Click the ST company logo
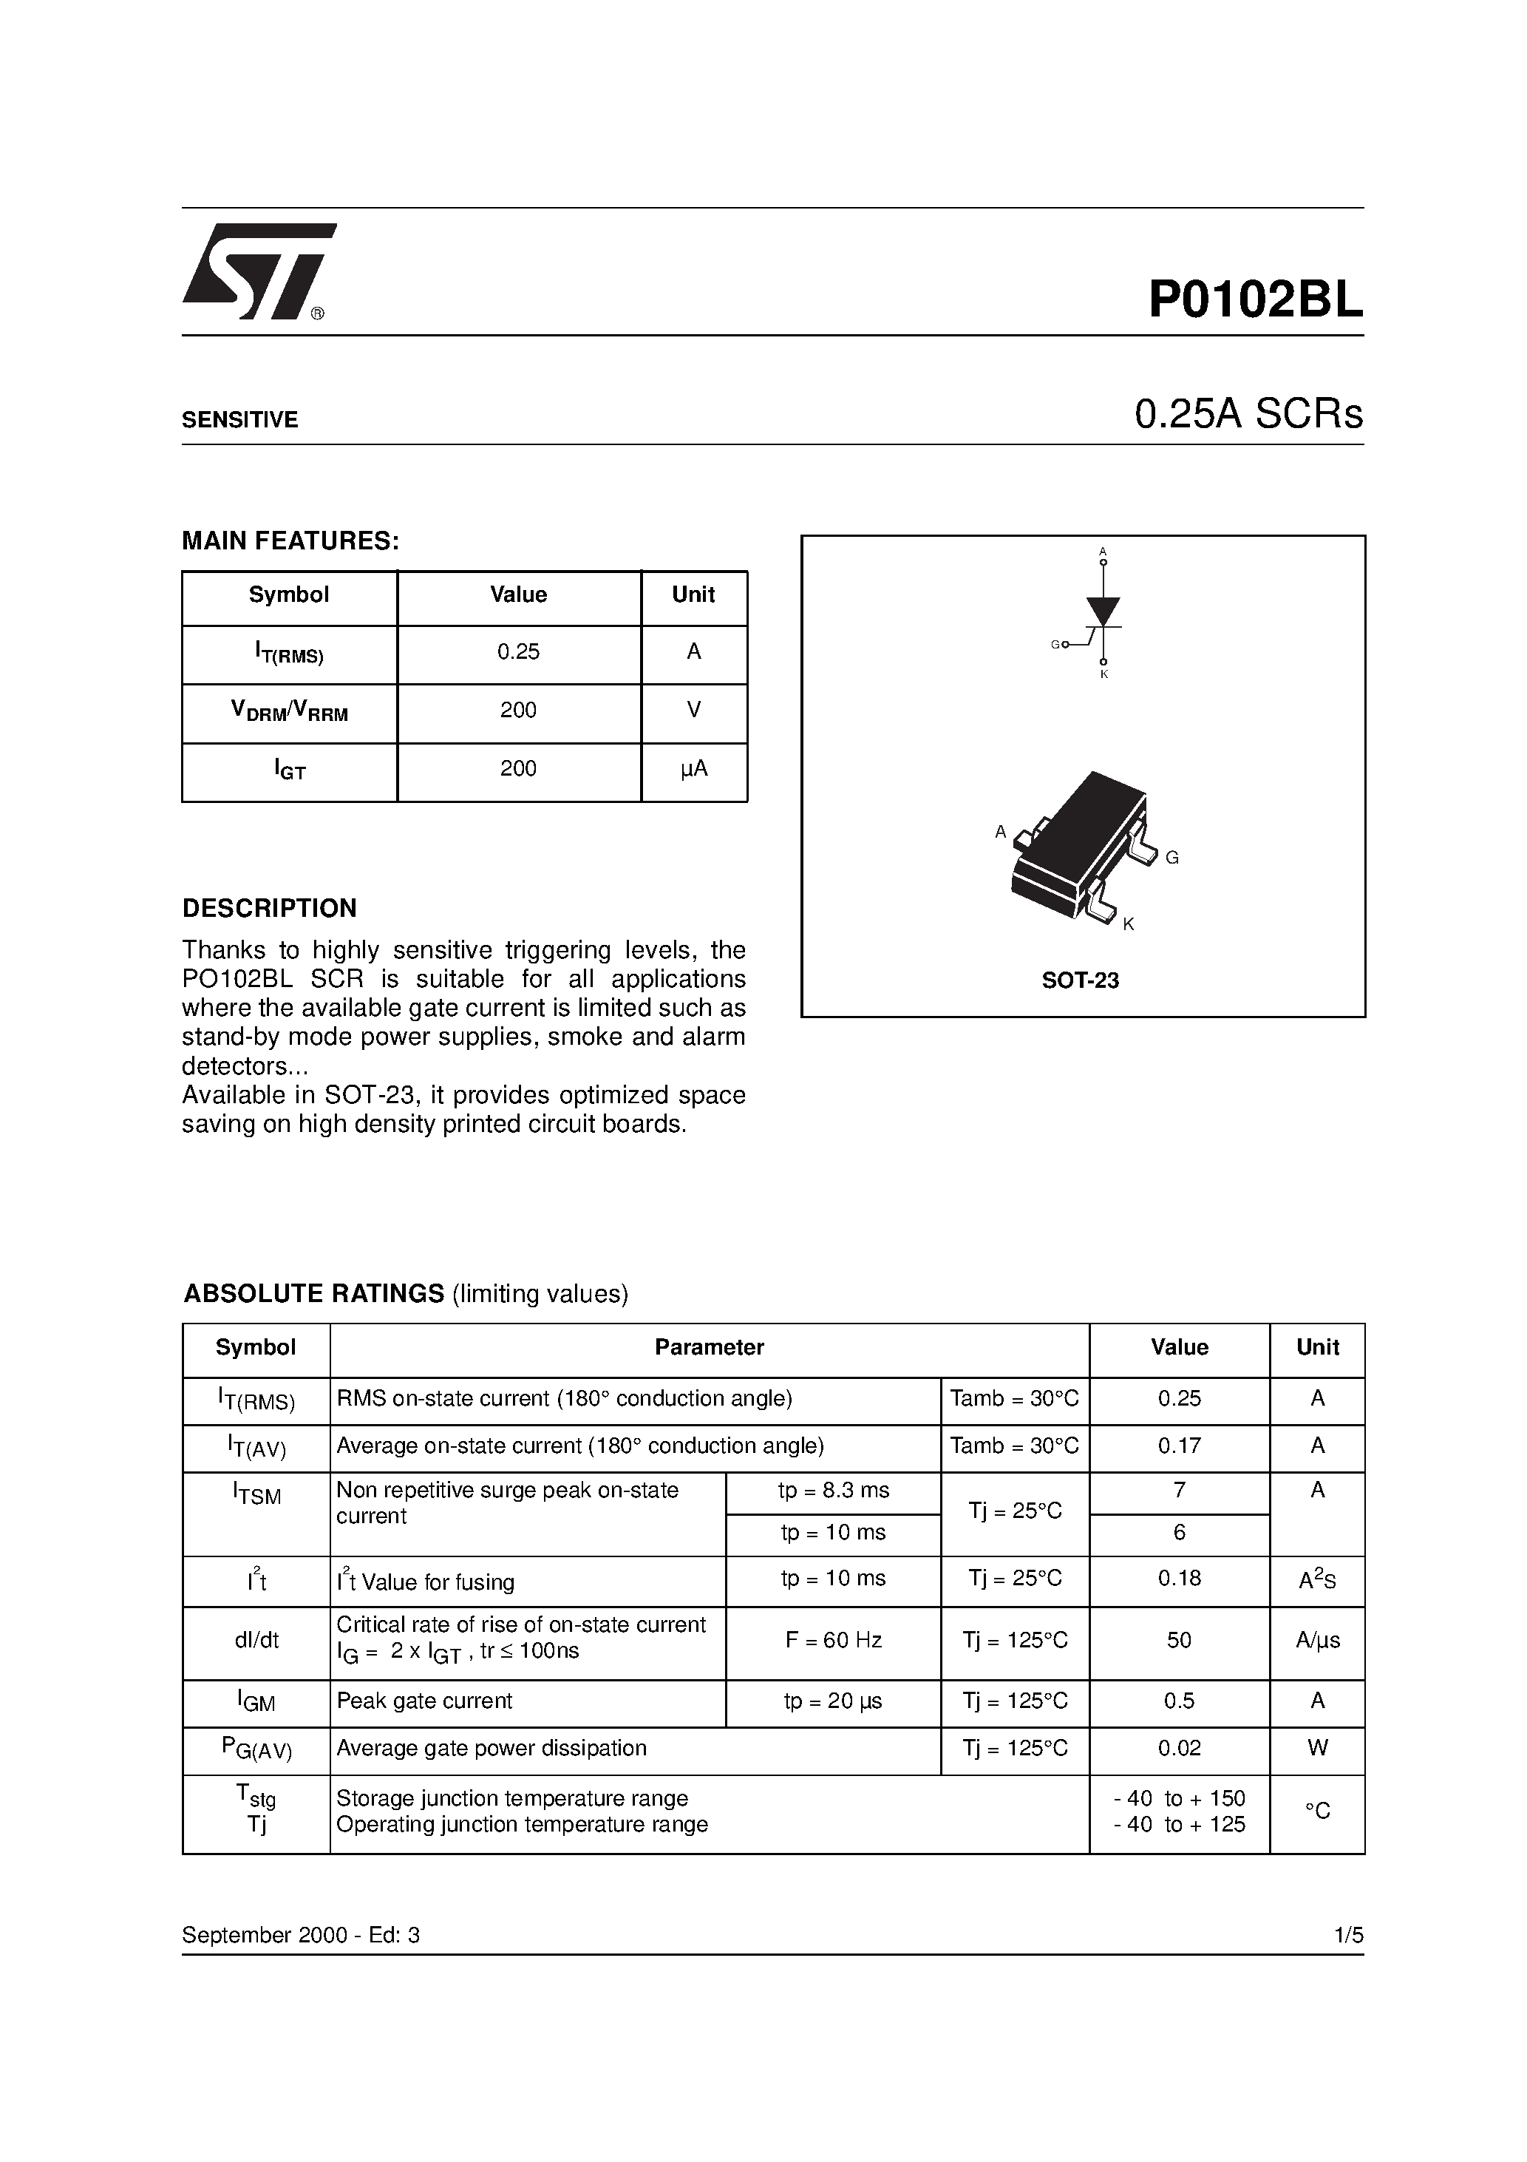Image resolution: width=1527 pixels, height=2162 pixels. click(x=256, y=272)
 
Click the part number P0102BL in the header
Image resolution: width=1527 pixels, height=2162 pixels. click(x=1255, y=300)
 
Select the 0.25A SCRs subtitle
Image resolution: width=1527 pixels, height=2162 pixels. click(x=1248, y=414)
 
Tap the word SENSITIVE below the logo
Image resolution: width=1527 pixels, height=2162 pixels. click(x=239, y=420)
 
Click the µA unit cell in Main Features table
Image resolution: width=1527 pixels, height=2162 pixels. click(x=694, y=769)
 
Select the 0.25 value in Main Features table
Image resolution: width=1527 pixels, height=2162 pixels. click(x=518, y=651)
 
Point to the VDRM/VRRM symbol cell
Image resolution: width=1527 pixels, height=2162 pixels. click(x=289, y=711)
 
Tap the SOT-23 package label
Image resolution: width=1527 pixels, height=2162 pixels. click(x=1080, y=981)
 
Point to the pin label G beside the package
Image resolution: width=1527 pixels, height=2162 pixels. click(x=1171, y=858)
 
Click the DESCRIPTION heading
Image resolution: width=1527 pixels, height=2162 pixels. click(x=269, y=909)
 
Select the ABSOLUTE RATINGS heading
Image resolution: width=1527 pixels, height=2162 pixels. click(x=313, y=1294)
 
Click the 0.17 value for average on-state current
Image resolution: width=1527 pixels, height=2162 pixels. click(x=1179, y=1446)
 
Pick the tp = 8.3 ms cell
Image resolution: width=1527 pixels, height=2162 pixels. click(x=833, y=1491)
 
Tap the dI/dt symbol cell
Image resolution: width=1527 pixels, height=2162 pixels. click(x=256, y=1640)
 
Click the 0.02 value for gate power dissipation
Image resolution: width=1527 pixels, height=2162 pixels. click(x=1179, y=1749)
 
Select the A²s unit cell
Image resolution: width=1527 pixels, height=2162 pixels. click(x=1317, y=1581)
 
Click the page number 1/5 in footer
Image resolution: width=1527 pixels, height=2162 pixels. click(x=1348, y=1936)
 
